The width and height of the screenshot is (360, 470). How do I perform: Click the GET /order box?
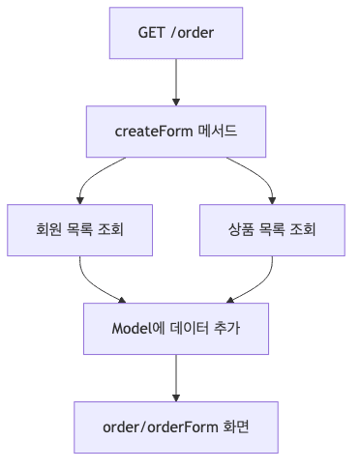click(x=176, y=34)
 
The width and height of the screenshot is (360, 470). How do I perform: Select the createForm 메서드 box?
click(x=176, y=132)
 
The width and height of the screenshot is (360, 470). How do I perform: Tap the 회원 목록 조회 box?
click(x=79, y=229)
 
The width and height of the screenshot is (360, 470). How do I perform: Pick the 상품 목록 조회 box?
click(x=272, y=229)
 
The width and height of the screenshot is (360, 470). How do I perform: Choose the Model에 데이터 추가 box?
click(x=176, y=328)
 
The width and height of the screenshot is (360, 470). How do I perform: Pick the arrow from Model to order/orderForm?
click(x=176, y=377)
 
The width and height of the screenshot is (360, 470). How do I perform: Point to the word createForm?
click(x=153, y=132)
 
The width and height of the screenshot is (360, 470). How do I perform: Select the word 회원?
click(x=47, y=229)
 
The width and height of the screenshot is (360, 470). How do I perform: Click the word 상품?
click(x=240, y=229)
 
